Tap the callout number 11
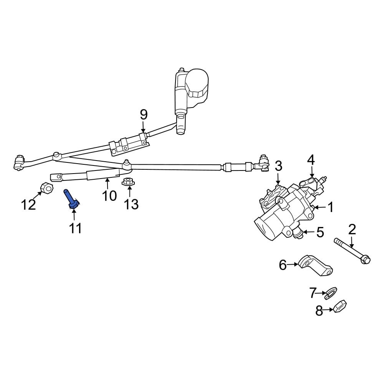pyautogui.click(x=75, y=228)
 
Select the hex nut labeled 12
pyautogui.click(x=46, y=188)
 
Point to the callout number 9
pyautogui.click(x=143, y=114)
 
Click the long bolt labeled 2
pyautogui.click(x=351, y=252)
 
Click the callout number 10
pyautogui.click(x=109, y=196)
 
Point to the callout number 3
pyautogui.click(x=278, y=166)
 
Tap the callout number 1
pyautogui.click(x=330, y=208)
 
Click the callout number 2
pyautogui.click(x=352, y=229)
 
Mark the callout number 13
pyautogui.click(x=131, y=204)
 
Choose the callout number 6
pyautogui.click(x=283, y=265)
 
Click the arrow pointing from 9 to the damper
pyautogui.click(x=143, y=127)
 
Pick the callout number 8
pyautogui.click(x=319, y=311)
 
